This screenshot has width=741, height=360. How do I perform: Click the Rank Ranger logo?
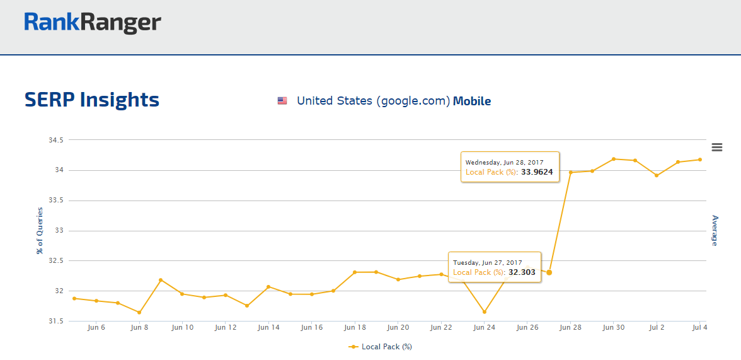(93, 23)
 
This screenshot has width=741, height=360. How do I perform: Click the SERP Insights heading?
(92, 100)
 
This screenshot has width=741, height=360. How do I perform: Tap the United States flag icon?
(282, 101)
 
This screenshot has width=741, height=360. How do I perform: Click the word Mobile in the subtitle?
(472, 101)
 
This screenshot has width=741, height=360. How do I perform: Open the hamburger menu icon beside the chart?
(716, 147)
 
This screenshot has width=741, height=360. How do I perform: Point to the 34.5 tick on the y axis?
(56, 140)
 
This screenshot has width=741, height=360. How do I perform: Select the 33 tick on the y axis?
(60, 231)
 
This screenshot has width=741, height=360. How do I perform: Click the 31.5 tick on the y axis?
(56, 321)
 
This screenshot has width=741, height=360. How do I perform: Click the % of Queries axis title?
(40, 231)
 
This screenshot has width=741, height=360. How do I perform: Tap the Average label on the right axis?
(715, 231)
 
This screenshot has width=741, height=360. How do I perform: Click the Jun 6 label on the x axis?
(96, 328)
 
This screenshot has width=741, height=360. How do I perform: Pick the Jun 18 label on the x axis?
(355, 328)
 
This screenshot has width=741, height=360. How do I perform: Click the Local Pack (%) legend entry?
(381, 347)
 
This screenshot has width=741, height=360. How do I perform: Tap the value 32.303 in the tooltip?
(522, 272)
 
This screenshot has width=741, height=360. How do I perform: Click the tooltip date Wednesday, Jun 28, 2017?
(504, 162)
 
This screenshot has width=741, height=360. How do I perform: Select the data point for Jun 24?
(484, 311)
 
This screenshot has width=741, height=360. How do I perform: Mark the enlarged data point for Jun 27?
(549, 272)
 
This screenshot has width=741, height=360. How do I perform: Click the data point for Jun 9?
(161, 280)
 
